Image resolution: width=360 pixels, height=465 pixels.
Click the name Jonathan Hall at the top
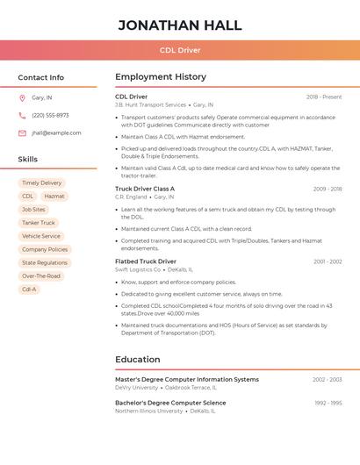180,25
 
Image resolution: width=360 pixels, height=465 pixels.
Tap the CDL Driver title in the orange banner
180,50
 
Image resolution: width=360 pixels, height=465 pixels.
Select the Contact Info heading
40,77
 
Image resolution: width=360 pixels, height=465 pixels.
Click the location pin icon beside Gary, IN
22,98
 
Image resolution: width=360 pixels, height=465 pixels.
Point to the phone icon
22,116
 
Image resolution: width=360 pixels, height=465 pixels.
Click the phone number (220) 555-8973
50,116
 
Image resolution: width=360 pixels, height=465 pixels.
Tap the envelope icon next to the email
22,133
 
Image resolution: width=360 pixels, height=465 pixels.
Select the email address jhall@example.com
56,133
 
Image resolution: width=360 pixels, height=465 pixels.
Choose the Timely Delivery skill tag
41,183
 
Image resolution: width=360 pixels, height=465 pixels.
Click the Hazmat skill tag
54,197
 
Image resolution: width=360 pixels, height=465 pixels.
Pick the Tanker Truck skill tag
38,223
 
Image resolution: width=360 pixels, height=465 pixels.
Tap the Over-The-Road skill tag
41,275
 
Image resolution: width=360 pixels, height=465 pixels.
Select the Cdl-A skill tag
29,289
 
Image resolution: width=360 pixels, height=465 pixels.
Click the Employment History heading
161,77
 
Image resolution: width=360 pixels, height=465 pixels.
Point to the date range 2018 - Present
324,97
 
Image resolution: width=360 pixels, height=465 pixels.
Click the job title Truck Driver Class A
145,189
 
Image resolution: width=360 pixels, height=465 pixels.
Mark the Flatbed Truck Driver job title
146,261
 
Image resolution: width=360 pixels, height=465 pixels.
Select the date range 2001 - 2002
328,261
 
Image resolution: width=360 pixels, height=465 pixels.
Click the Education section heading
138,360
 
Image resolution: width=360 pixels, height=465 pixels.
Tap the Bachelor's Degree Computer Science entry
170,403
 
